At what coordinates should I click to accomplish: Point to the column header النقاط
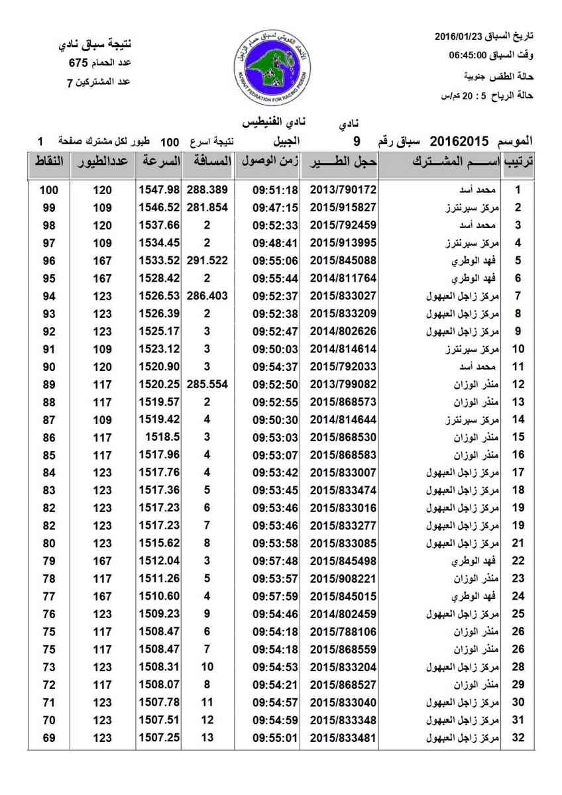pyautogui.click(x=49, y=162)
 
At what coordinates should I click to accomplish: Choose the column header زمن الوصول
pyautogui.click(x=266, y=162)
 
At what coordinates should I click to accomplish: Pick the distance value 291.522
pyautogui.click(x=207, y=260)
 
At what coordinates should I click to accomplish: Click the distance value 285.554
pyautogui.click(x=207, y=384)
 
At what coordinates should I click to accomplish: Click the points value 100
pyautogui.click(x=49, y=189)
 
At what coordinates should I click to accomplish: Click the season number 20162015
pyautogui.click(x=459, y=140)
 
